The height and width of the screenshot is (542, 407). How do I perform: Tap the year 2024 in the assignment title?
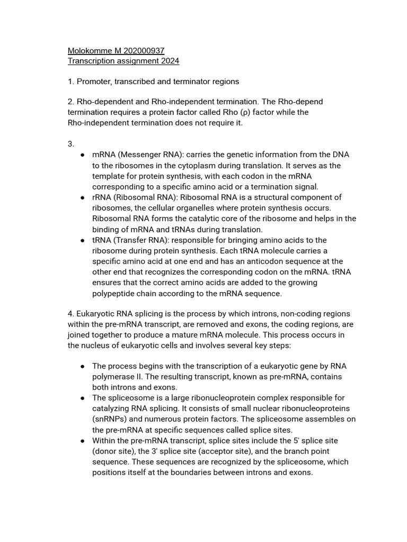pyautogui.click(x=169, y=61)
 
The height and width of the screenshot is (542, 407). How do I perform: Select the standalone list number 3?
pyautogui.click(x=71, y=144)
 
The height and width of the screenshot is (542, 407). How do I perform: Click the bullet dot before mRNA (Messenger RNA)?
pyautogui.click(x=83, y=155)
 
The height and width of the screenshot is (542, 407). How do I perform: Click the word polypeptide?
pyautogui.click(x=114, y=293)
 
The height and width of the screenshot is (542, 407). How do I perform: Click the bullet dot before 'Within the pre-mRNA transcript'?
pyautogui.click(x=83, y=440)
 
